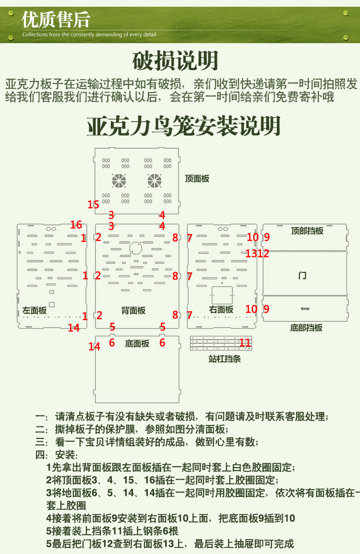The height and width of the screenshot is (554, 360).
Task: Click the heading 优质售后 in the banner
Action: point(56,20)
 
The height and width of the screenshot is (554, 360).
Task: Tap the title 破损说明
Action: point(175,61)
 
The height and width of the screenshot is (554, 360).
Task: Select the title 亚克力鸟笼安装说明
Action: point(183,126)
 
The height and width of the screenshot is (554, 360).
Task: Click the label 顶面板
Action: point(197,179)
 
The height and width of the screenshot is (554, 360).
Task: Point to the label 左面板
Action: point(35,310)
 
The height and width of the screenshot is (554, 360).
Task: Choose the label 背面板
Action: point(133,310)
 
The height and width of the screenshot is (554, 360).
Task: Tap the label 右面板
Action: point(221,309)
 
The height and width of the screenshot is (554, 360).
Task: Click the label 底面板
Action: point(137,343)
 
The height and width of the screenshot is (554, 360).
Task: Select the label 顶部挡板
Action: point(307,231)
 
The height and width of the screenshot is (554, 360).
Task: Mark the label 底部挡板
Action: point(306,328)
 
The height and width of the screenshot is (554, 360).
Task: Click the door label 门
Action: point(302,275)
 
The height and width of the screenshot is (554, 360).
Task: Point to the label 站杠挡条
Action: point(225,358)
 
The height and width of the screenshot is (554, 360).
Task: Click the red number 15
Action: point(93,204)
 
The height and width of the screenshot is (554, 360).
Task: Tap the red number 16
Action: point(76,224)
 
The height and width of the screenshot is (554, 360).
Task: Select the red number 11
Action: point(245,342)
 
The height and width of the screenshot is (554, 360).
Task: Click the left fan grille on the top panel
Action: point(119,180)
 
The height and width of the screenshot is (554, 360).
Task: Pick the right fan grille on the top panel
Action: point(155,180)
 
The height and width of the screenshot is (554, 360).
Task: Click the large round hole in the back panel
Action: point(135,248)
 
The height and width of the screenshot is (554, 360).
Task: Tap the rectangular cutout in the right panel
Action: point(222,295)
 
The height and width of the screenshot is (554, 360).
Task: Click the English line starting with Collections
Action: point(89,35)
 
